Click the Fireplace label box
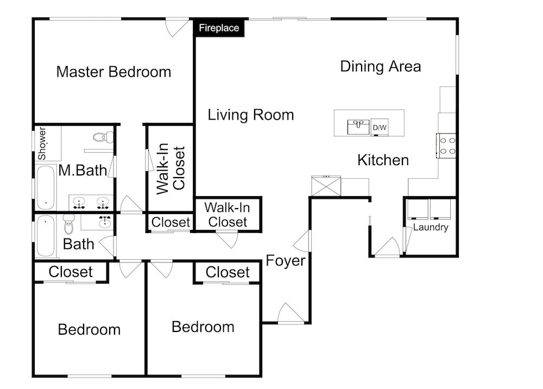[x=219, y=28]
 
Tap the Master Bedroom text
[x=113, y=72]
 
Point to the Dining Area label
[x=381, y=66]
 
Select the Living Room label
[x=251, y=115]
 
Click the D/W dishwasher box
[x=380, y=128]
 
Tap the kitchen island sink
[x=358, y=127]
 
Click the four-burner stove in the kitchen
[x=446, y=146]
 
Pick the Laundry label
[x=431, y=227]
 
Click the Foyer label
[x=286, y=261]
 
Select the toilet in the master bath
[x=103, y=137]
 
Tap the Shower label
[x=42, y=143]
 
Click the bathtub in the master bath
[x=46, y=187]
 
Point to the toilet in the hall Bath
[x=69, y=224]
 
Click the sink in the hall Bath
[x=105, y=222]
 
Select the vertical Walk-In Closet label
[x=171, y=168]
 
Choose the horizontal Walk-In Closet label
[x=227, y=215]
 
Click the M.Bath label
[x=83, y=171]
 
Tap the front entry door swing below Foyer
[x=291, y=313]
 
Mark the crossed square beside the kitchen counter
[x=326, y=186]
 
